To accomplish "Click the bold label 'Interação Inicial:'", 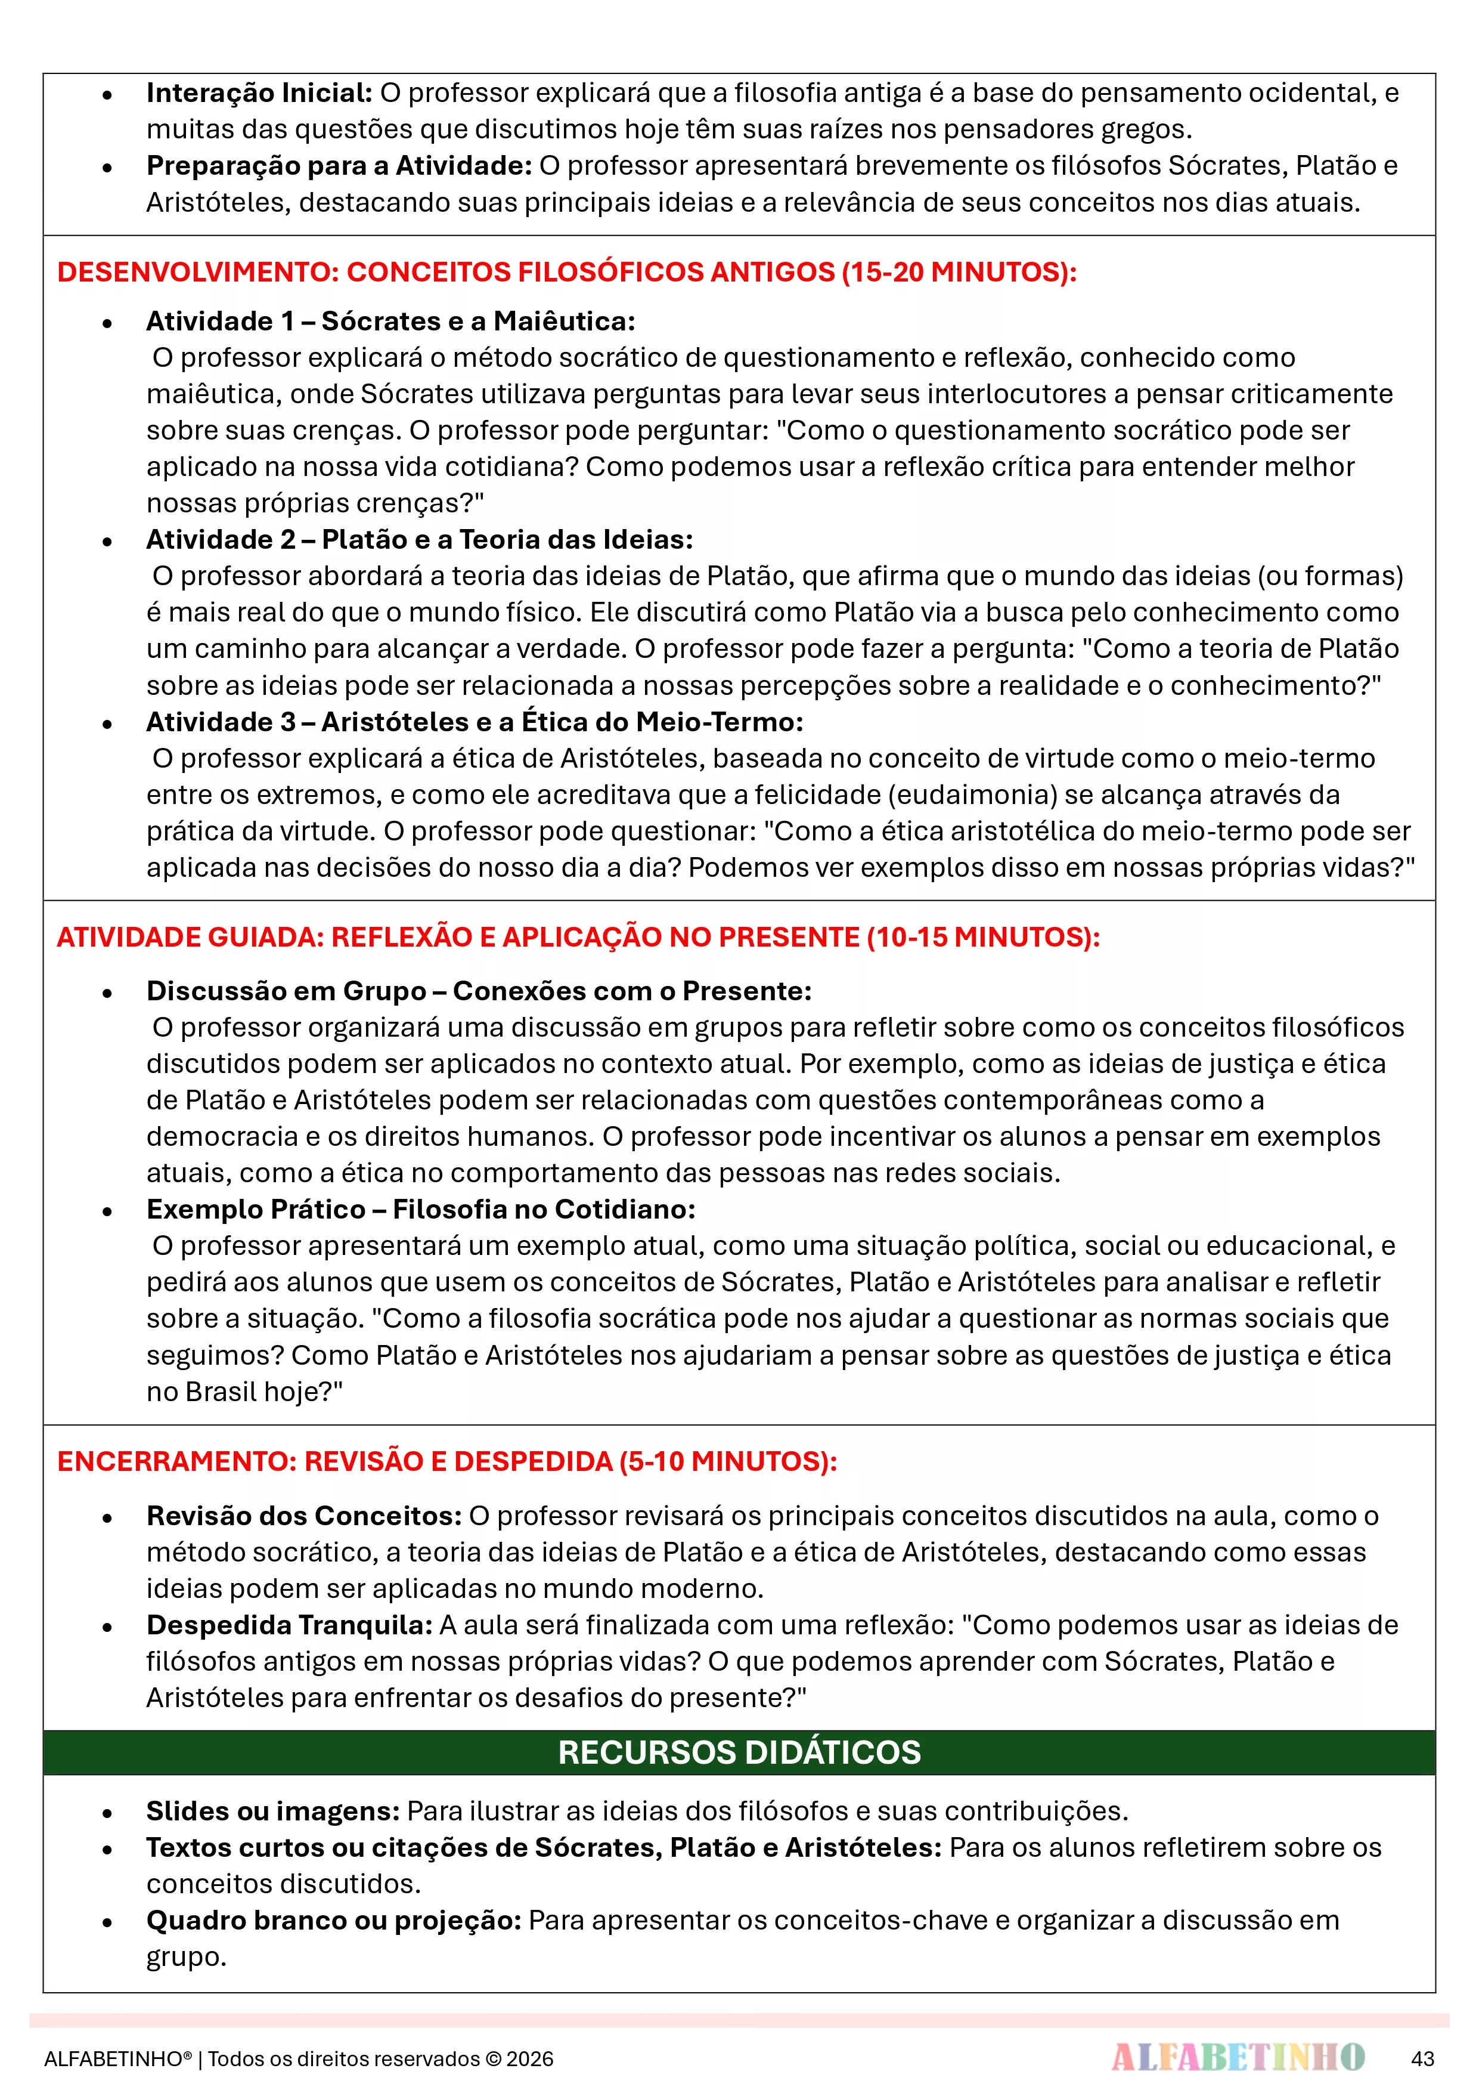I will coord(259,93).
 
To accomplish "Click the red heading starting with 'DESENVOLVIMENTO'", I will coord(567,271).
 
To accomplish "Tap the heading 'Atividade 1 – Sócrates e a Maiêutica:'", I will coord(391,321).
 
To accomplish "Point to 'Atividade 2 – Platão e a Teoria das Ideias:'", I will coord(419,540).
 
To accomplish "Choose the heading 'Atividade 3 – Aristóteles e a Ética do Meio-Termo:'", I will coord(475,722).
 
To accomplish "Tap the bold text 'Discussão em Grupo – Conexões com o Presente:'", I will coord(479,991).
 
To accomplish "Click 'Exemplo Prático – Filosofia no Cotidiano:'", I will coord(421,1210).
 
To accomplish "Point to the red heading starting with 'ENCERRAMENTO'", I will coord(447,1461).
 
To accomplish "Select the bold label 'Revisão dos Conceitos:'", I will coord(305,1516).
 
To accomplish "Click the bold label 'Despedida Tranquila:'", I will coord(290,1625).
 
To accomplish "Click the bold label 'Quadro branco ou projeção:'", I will coord(333,1921).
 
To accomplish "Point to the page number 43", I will coord(1422,2058).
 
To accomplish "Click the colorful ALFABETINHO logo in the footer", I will coord(1238,2057).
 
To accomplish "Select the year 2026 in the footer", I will coord(531,2059).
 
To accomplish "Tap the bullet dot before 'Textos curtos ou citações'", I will coord(107,1850).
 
